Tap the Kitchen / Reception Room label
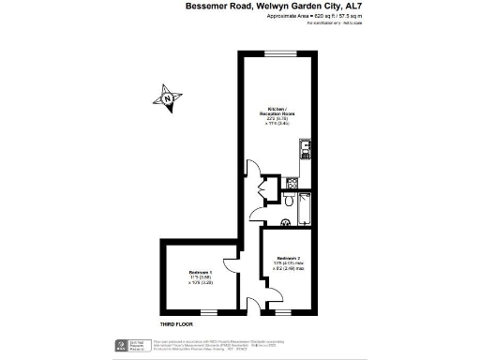click(x=277, y=112)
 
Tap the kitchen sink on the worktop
click(x=305, y=147)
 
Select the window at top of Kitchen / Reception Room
click(x=277, y=56)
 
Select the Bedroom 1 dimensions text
click(x=198, y=280)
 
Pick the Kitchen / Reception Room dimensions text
click(x=277, y=121)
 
